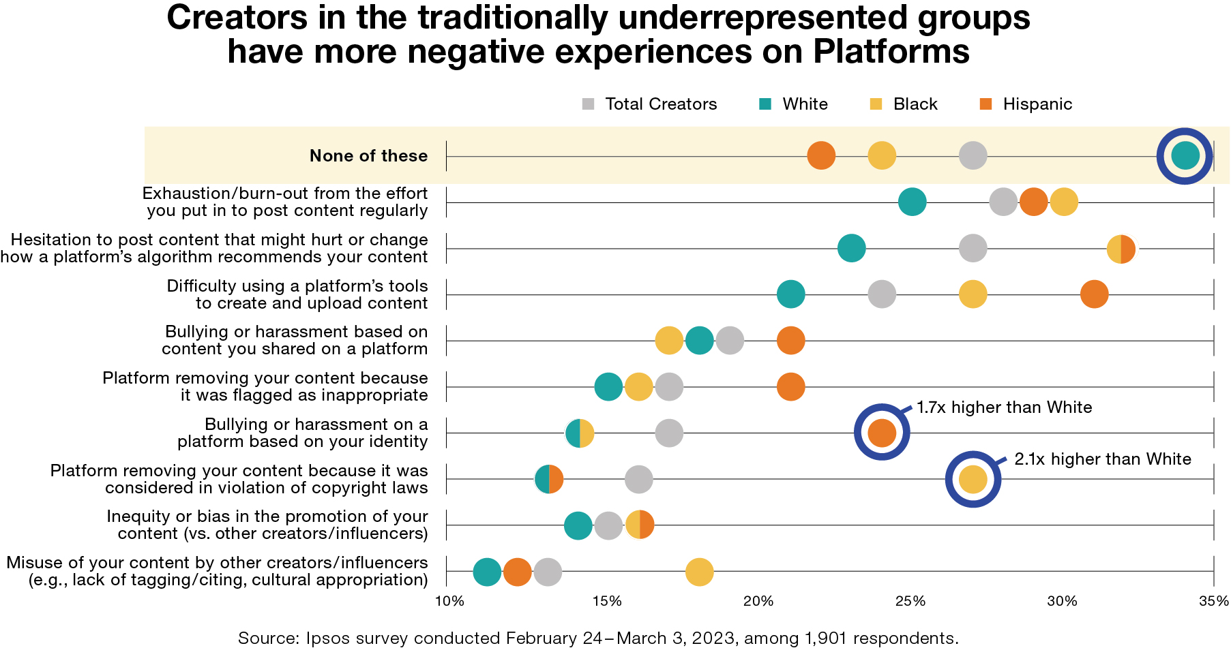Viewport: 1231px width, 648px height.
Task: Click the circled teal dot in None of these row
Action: click(x=1185, y=155)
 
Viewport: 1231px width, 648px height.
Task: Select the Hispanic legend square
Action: click(x=985, y=104)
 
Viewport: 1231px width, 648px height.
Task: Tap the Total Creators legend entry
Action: click(x=660, y=104)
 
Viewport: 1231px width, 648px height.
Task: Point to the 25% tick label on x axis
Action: click(x=910, y=601)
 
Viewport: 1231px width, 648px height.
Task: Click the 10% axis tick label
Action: click(x=449, y=601)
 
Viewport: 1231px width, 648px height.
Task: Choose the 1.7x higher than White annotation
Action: click(x=1004, y=407)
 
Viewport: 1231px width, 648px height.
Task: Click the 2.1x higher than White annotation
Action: click(x=1102, y=459)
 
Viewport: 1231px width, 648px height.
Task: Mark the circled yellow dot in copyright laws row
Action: click(x=973, y=479)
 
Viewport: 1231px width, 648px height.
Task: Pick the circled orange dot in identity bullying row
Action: click(x=882, y=433)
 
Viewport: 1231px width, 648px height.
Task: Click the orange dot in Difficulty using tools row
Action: click(x=1094, y=294)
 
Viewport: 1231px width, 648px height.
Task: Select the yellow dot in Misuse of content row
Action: click(x=699, y=572)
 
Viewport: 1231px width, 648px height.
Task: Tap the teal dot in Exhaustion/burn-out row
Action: click(x=913, y=202)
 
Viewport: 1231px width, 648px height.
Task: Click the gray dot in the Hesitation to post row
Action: click(x=973, y=248)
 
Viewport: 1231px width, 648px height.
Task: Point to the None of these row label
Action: click(x=368, y=156)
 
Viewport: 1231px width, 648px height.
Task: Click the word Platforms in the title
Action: click(x=891, y=52)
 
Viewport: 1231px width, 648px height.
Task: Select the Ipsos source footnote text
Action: click(x=598, y=638)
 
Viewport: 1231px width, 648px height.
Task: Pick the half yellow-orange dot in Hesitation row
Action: click(x=1121, y=249)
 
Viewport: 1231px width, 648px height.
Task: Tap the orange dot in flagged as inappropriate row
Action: click(x=790, y=387)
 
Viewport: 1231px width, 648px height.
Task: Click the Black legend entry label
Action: click(x=915, y=104)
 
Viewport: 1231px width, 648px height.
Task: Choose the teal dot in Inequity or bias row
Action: click(x=578, y=525)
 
